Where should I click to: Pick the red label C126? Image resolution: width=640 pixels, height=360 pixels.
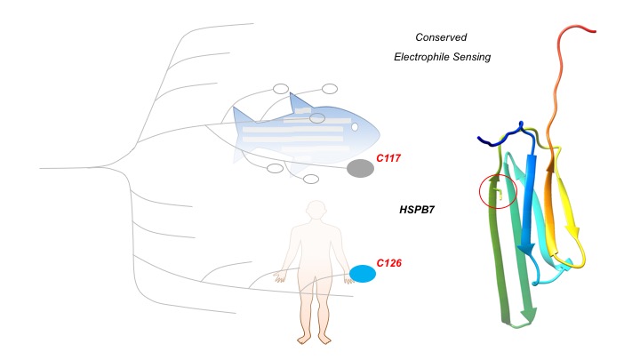390,263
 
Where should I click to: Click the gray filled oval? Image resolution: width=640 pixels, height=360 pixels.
360,168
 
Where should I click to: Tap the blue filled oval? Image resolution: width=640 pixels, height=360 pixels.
362,274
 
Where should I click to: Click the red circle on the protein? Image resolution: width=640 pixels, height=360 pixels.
498,190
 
